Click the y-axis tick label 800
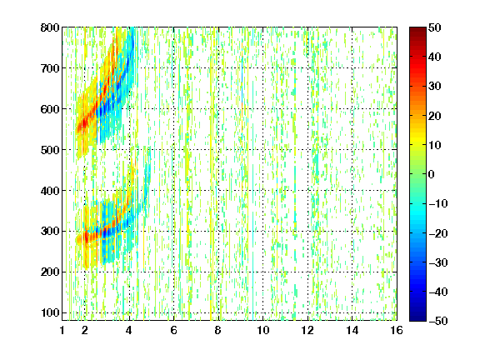pos(50,27)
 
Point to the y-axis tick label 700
pos(50,68)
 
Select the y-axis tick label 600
pos(50,109)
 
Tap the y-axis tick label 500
pos(50,150)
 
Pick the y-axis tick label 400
pos(50,191)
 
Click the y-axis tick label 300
pos(50,232)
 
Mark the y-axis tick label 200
pos(50,272)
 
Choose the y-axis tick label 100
pos(50,312)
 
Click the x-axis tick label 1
pos(62,330)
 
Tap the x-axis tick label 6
pos(174,330)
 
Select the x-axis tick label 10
pos(263,330)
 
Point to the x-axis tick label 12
pos(307,330)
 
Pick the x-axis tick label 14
pos(352,330)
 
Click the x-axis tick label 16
pos(397,330)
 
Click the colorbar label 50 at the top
pos(435,27)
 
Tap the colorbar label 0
pos(432,174)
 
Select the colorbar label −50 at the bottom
pos(438,321)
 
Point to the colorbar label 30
pos(435,87)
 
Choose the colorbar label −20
pos(438,233)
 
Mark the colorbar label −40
pos(438,292)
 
